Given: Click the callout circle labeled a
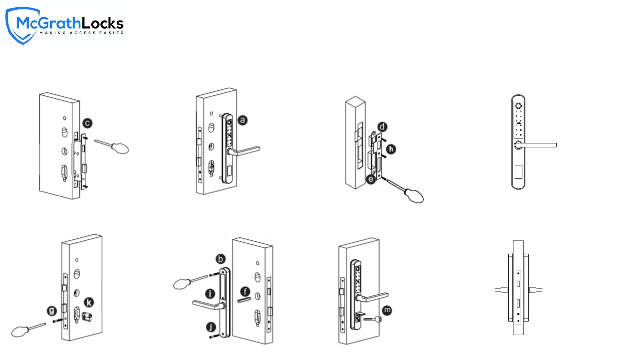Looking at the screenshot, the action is click(243, 120).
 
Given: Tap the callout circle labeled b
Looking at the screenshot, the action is click(220, 259).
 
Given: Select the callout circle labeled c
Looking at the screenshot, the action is click(87, 123).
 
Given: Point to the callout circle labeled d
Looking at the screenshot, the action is click(382, 127).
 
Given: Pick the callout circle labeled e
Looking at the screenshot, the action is click(371, 179).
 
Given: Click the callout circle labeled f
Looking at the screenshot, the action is click(245, 292).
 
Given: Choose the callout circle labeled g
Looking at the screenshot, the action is click(52, 311).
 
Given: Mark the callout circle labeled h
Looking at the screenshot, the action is click(391, 149).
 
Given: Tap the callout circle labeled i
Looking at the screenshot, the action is click(210, 294).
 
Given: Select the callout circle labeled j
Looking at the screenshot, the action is click(211, 327).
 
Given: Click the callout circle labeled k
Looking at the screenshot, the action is click(89, 302).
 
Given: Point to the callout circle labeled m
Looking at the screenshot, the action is click(387, 310).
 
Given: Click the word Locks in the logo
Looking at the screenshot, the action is click(103, 23).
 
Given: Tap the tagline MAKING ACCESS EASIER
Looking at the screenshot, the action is click(82, 33).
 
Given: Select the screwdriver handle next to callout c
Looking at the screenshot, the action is click(120, 148).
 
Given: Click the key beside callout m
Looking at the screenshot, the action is click(373, 319).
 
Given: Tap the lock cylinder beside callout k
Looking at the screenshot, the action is click(87, 317).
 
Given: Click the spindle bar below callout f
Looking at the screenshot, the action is click(244, 300).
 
